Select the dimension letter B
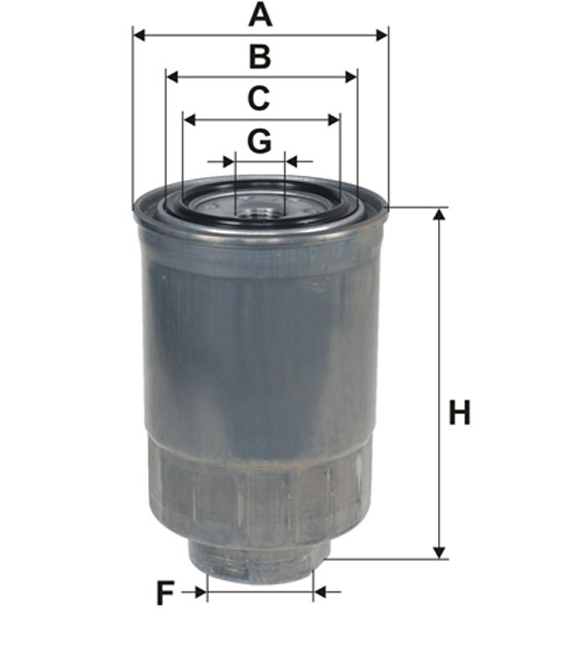[x=260, y=57]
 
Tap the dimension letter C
[x=259, y=99]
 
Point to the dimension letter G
[x=259, y=142]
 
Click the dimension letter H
[x=460, y=412]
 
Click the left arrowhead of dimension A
[x=139, y=35]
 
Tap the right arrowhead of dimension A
[x=382, y=35]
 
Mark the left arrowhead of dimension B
[x=172, y=76]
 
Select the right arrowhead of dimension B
[x=350, y=76]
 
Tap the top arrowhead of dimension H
[x=439, y=214]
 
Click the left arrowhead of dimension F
[x=200, y=592]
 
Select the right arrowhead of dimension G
[x=291, y=161]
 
